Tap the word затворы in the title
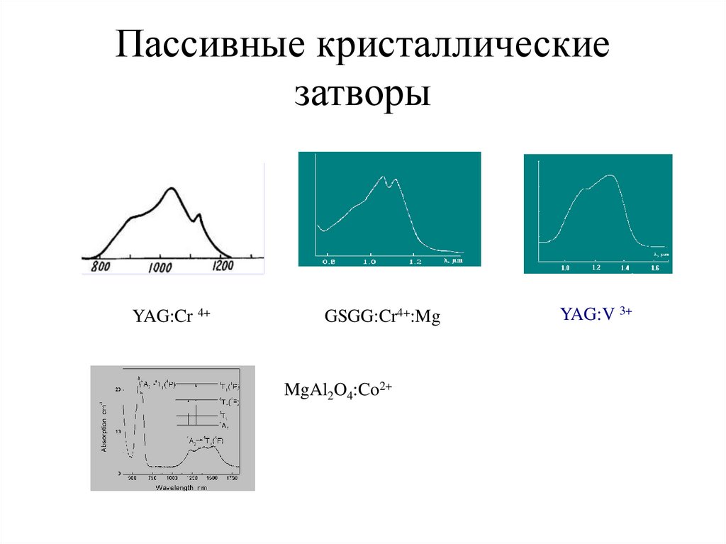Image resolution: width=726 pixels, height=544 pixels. pyautogui.click(x=362, y=93)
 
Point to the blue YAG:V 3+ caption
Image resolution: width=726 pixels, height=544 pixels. pyautogui.click(x=596, y=314)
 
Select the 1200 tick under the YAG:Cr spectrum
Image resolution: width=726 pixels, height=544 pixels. pyautogui.click(x=222, y=266)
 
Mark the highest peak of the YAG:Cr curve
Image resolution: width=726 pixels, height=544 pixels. pyautogui.click(x=171, y=188)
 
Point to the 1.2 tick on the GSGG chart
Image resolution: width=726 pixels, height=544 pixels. pyautogui.click(x=415, y=262)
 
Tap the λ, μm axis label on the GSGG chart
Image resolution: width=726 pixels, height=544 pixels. pyautogui.click(x=452, y=261)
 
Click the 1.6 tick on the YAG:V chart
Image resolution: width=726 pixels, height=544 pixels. pyautogui.click(x=654, y=269)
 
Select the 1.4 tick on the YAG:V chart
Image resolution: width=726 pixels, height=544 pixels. pyautogui.click(x=625, y=269)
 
